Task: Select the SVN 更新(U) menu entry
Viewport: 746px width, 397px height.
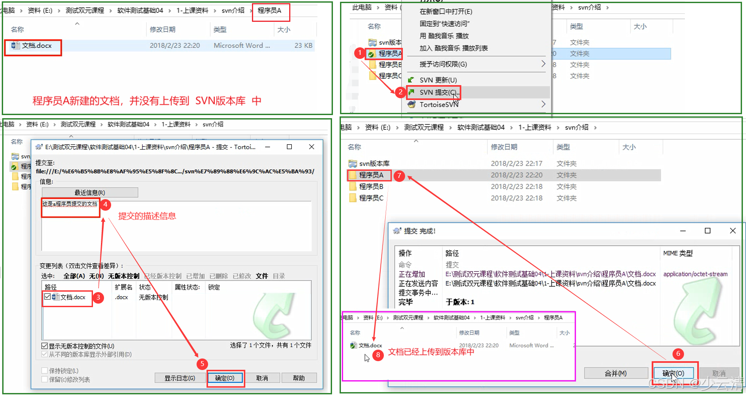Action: tap(438, 80)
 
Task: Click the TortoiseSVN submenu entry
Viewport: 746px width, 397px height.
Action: tap(439, 104)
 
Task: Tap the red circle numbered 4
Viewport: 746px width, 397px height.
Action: tap(105, 204)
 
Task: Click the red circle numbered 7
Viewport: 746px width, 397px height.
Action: tap(399, 176)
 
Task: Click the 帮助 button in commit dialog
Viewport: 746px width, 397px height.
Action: tap(299, 378)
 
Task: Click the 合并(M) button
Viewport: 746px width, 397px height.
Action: tap(615, 373)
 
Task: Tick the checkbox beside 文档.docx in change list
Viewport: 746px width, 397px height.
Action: tap(47, 297)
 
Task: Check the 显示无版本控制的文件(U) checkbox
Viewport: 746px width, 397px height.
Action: tap(44, 346)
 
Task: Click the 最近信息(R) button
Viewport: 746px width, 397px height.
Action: tap(89, 193)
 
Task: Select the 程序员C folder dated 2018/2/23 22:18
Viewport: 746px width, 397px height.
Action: tap(371, 198)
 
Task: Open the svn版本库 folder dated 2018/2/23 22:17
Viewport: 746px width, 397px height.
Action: tap(374, 163)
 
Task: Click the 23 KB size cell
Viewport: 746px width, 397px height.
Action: tap(303, 46)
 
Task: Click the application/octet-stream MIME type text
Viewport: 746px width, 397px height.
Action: tap(695, 274)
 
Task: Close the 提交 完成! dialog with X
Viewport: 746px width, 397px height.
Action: tap(733, 231)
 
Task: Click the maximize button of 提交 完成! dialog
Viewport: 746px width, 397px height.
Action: tap(707, 231)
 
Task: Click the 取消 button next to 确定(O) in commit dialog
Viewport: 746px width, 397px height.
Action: tap(262, 378)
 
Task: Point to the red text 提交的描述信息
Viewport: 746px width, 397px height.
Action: tap(147, 216)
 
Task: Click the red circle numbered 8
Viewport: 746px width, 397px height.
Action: tap(378, 355)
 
